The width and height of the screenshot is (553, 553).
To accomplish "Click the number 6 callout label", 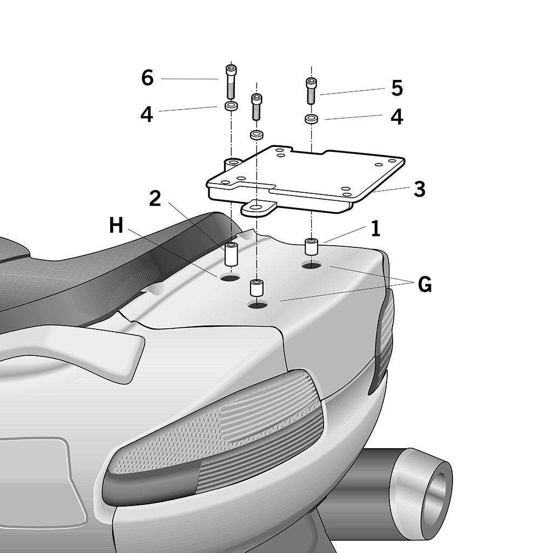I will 147,78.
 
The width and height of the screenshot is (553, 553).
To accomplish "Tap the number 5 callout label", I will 397,88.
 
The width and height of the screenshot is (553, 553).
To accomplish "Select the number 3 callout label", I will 419,189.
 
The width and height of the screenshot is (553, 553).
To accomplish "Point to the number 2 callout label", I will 155,199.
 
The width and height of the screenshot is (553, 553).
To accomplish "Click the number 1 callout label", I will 375,228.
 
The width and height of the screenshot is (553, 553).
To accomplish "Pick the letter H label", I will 116,225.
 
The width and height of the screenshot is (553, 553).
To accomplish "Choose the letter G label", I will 424,285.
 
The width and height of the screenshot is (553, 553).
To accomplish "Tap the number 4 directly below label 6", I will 146,114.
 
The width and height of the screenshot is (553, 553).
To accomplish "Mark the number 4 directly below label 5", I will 397,117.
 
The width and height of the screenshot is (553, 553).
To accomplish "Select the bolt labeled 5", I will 312,91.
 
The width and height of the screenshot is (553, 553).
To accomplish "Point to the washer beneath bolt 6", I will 231,106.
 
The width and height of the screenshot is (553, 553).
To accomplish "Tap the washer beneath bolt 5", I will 311,119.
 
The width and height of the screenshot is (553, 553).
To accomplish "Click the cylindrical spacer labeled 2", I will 232,254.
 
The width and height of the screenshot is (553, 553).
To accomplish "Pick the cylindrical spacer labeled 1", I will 312,246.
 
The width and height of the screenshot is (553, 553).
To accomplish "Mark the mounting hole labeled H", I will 230,278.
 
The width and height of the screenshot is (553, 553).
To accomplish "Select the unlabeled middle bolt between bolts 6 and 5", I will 257,107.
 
